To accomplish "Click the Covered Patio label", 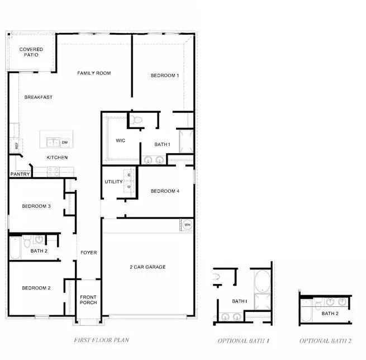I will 31,53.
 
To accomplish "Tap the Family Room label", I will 94,73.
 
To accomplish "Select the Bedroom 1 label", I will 165,75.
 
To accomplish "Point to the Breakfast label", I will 39,97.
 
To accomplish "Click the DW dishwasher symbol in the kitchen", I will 65,143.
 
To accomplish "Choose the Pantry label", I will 20,174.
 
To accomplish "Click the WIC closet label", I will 120,140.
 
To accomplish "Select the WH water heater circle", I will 187,225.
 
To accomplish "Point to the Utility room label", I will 113,182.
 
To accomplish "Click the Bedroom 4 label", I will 165,191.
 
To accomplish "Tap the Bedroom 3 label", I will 36,206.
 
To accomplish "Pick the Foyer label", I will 88,253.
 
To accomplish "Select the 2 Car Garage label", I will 148,267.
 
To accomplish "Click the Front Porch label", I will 88,300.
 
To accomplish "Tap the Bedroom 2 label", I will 36,288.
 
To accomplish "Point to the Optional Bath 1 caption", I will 244,340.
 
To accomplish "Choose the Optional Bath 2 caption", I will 326,340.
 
